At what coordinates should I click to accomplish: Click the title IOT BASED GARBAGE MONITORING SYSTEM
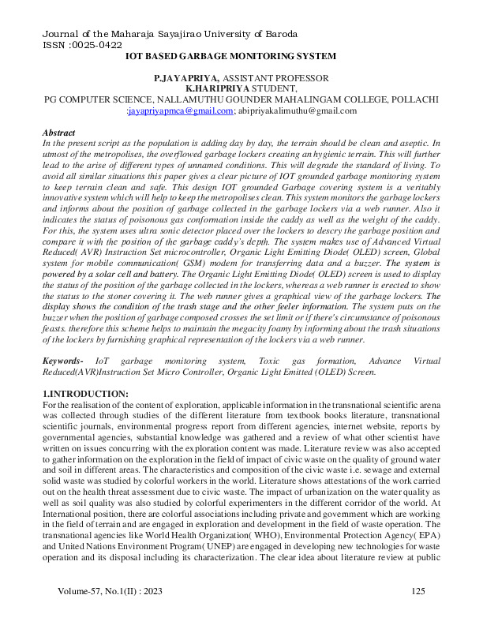click(230, 56)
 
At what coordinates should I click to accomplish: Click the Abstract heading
click(58, 133)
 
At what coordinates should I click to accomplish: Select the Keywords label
click(64, 361)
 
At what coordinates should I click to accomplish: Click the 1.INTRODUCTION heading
click(84, 393)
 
